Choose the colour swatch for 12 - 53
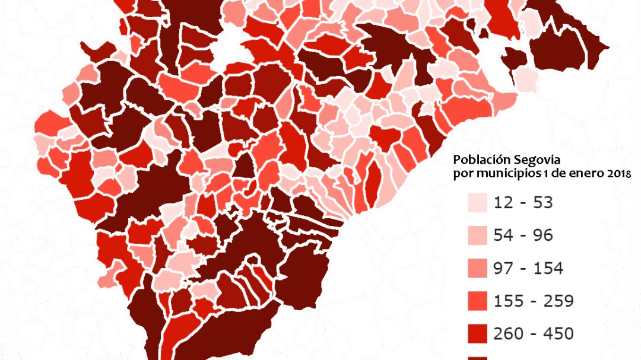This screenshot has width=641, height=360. point(478,203)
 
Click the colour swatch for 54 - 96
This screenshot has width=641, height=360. point(478,235)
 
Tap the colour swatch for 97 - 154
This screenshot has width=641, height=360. point(478,268)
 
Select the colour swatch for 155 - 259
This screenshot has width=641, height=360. point(478,301)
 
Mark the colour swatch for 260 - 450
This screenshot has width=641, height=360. point(478,333)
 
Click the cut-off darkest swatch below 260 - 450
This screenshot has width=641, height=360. point(478,358)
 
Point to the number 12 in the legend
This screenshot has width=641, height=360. point(503,203)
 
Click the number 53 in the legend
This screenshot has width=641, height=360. point(542,203)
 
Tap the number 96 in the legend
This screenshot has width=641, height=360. point(542,235)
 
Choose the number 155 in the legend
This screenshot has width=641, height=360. point(509,301)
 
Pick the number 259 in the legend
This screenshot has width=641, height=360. point(559,301)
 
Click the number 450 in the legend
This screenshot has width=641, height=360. point(559,333)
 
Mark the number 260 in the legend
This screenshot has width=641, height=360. point(509,333)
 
